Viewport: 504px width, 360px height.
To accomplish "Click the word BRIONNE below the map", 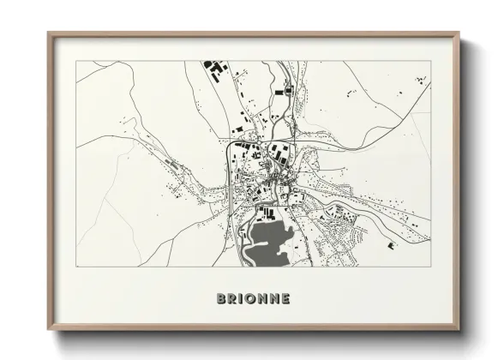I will [253, 299].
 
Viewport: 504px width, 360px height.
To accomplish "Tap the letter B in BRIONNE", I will [221, 299].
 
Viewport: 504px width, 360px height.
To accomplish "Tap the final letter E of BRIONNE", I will [285, 299].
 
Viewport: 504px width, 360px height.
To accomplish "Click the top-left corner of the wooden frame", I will [48, 33].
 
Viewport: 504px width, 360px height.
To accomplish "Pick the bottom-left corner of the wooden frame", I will [48, 329].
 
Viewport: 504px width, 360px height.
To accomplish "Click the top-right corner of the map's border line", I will [430, 60].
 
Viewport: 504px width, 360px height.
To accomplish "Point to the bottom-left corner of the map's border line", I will [76, 267].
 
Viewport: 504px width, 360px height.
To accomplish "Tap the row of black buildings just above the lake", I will [267, 211].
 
